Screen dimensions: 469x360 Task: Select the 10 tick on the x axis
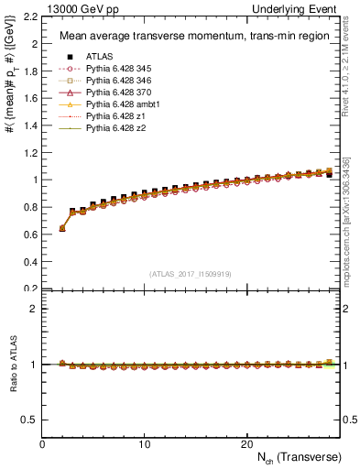145,443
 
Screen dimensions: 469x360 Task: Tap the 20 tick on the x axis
246,443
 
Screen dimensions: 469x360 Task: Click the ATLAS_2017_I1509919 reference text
191,273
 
